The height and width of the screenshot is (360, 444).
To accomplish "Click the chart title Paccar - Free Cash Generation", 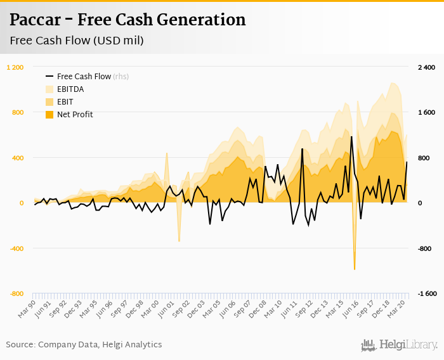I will point(127,20).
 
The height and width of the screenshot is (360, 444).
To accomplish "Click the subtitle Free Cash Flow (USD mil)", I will point(77,41).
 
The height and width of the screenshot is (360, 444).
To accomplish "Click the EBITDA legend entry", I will point(74,89).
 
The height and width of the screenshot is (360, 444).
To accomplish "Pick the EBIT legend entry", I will point(68,102).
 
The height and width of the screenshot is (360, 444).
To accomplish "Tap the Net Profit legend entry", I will point(75,115).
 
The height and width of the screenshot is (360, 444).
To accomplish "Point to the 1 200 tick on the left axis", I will point(15,67).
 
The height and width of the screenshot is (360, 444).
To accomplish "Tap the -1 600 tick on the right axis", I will point(426,293).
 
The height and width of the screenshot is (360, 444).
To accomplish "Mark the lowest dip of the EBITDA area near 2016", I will point(355,269).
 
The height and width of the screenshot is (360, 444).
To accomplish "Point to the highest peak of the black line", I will point(351,136).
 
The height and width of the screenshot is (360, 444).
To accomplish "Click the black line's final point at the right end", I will point(407,162).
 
